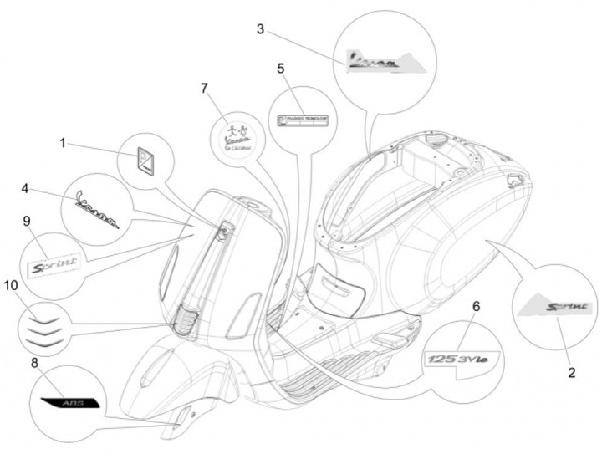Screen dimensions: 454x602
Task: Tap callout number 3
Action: coord(261,30)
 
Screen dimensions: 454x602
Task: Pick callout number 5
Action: coord(281,68)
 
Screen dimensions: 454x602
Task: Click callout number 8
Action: coord(34,363)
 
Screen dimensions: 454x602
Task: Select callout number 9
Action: coord(27,221)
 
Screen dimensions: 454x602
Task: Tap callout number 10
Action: coord(10,285)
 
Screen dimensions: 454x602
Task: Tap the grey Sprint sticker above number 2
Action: coord(553,308)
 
